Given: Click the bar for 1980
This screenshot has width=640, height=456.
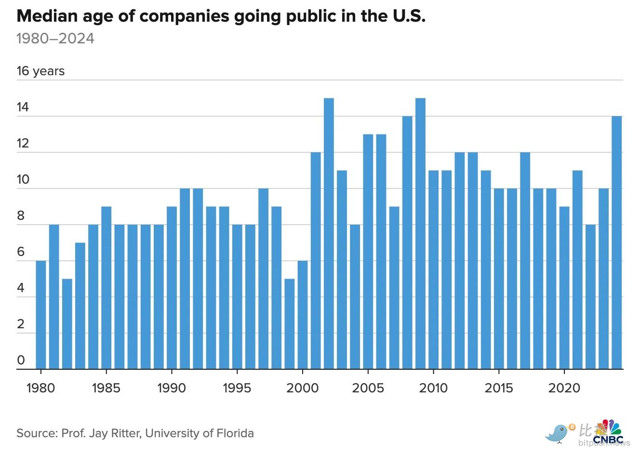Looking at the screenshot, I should coord(41,315).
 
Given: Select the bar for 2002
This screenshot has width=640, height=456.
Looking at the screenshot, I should coord(329,234).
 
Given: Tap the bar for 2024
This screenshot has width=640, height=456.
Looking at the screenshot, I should coord(617,243).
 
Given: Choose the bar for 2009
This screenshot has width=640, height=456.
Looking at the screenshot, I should coord(420,234).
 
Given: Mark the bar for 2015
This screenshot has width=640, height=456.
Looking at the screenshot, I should coord(499,279).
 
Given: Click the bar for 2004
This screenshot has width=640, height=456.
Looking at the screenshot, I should coord(355,297).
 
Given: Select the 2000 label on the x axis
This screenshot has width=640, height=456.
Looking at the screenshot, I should coord(302,388).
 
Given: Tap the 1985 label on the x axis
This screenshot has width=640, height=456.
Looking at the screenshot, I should coord(106,388).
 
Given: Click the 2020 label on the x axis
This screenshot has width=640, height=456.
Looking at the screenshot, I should coord(564,388).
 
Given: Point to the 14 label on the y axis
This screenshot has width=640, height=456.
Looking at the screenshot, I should coord(23,107).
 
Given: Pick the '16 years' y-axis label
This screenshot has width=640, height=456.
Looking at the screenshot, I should coord(40,71).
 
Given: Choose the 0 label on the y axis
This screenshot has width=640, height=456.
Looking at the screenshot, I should coord(21,361).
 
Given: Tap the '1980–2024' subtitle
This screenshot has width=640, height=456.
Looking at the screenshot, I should coord(55,39).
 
